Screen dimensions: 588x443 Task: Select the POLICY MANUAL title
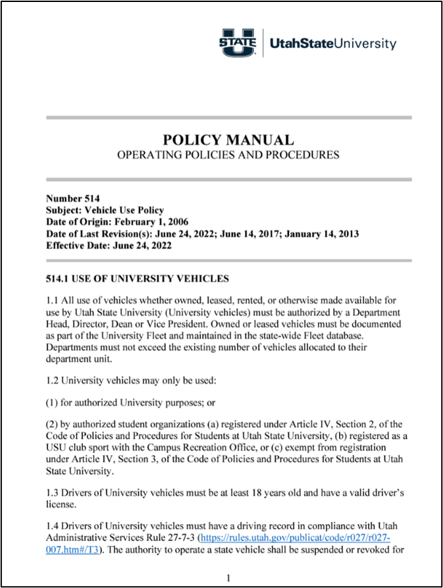click(228, 140)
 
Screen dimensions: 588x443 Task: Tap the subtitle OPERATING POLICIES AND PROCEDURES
click(228, 155)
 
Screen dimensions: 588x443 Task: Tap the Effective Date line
click(109, 246)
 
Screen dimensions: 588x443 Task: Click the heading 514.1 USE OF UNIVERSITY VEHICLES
click(138, 279)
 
